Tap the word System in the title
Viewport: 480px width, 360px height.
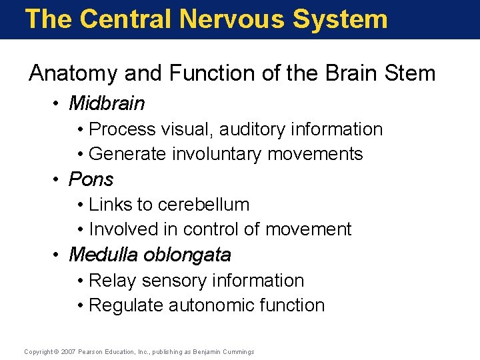(x=340, y=19)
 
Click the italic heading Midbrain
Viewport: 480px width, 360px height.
(x=107, y=103)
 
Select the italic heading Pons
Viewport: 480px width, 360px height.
(x=91, y=179)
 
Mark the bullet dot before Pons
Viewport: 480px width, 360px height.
(x=58, y=180)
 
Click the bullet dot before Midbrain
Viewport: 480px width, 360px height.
(x=58, y=104)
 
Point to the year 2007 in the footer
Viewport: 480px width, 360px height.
(x=69, y=352)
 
